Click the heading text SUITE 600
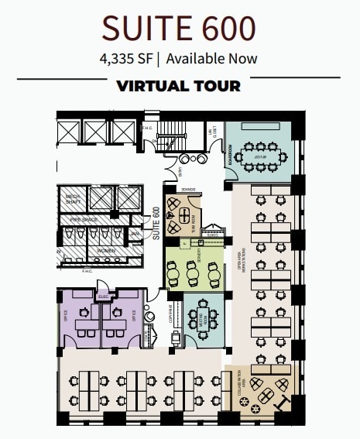180,28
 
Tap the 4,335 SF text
125,58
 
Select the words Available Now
211,58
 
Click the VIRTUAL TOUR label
179,85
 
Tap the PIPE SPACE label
87,221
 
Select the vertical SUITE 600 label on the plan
156,224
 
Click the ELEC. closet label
103,297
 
